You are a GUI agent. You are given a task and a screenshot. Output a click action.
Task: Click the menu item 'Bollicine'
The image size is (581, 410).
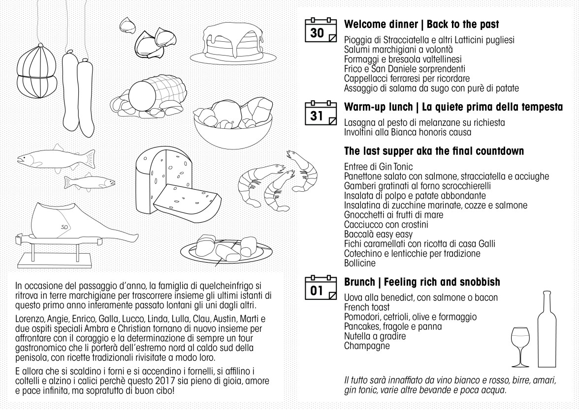click(x=360, y=263)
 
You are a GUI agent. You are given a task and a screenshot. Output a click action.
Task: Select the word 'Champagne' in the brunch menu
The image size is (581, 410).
click(x=367, y=346)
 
